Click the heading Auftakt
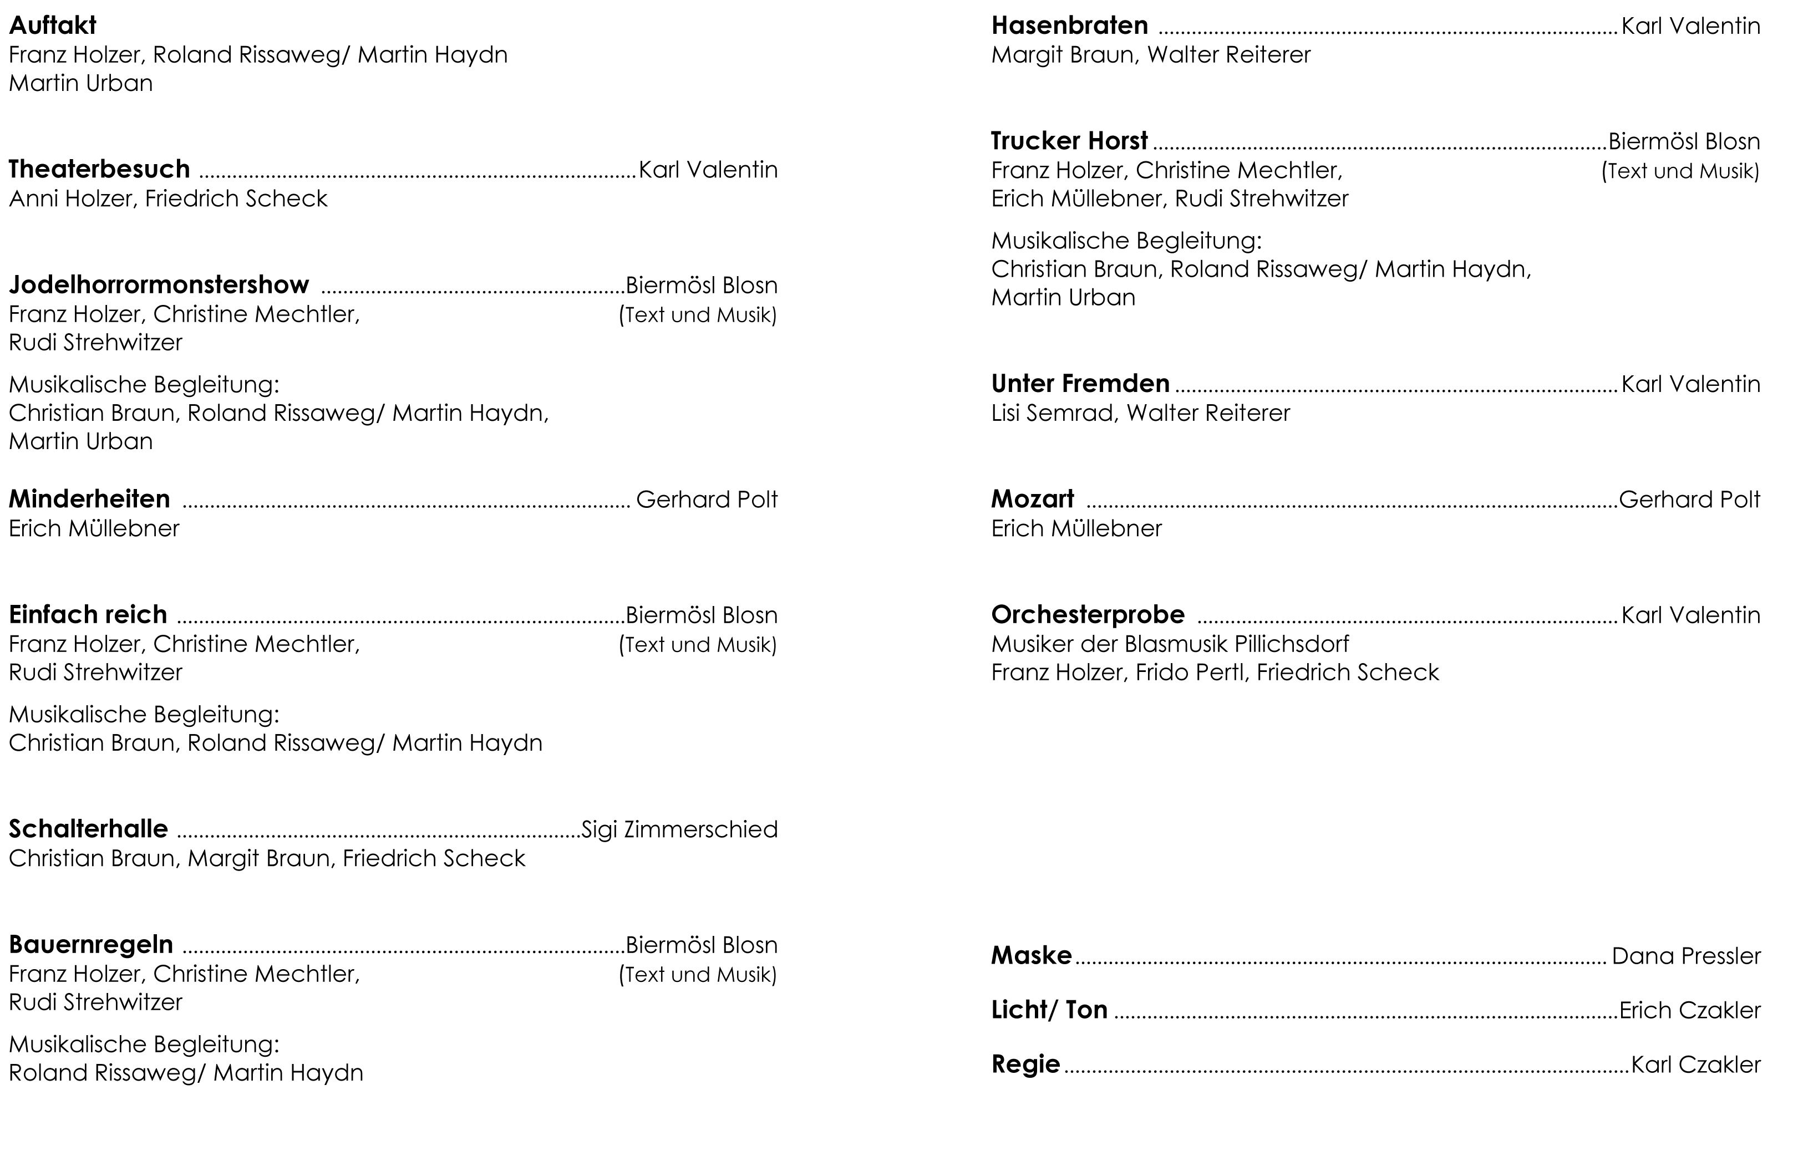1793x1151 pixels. [x=52, y=26]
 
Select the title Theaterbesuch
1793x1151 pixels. [x=99, y=170]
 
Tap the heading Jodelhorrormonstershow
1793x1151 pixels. [x=159, y=285]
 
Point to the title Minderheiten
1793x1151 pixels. [x=90, y=499]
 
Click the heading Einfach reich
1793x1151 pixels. [x=88, y=614]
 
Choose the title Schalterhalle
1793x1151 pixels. [x=88, y=829]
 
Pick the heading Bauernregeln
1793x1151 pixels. [x=91, y=945]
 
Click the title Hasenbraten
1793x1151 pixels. [x=1069, y=26]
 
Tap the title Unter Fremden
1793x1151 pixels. [x=1080, y=384]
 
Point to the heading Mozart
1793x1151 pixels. [x=1032, y=499]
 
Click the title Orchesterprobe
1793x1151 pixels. [x=1088, y=614]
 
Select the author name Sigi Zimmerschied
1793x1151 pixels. [x=679, y=829]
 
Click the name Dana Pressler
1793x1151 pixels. [x=1686, y=956]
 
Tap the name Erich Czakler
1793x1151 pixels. [x=1690, y=1011]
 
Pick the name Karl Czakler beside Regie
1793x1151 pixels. [x=1696, y=1065]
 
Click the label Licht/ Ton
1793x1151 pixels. [x=1049, y=1010]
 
